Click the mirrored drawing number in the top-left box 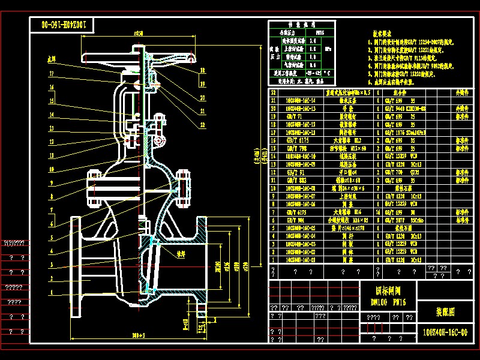[x=65, y=25]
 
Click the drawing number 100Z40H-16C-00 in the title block [x=445, y=332]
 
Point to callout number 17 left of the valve [x=52, y=74]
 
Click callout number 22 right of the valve [x=203, y=124]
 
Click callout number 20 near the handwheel [x=203, y=97]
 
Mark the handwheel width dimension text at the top [x=139, y=34]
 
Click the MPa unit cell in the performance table [x=326, y=49]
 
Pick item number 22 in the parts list [x=274, y=93]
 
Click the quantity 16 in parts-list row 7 [x=378, y=212]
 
